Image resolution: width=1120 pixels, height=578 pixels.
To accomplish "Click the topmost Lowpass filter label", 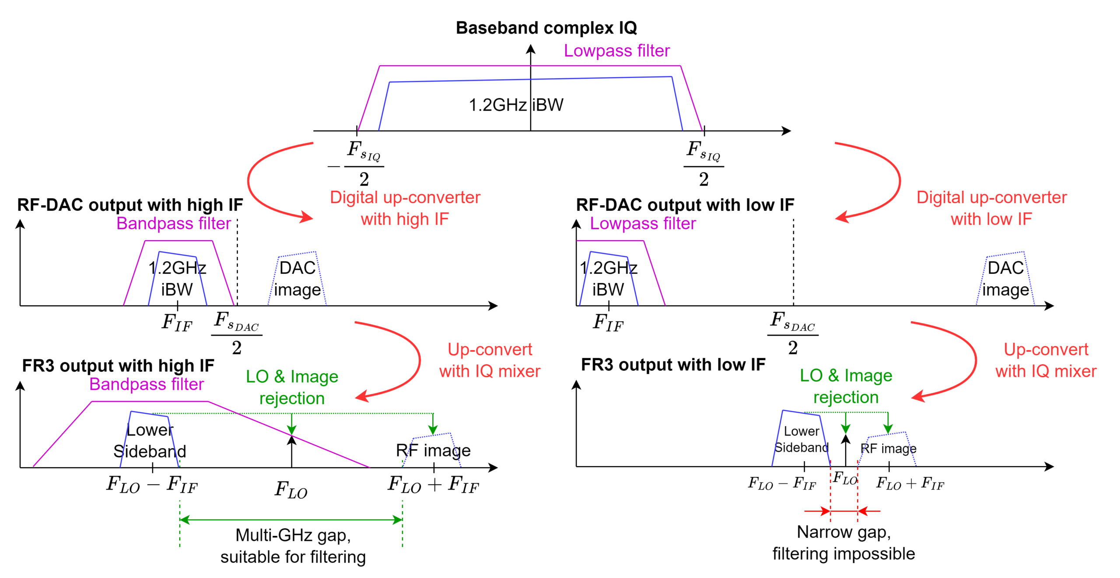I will [616, 51].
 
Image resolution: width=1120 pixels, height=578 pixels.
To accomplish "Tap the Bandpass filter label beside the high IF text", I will [174, 224].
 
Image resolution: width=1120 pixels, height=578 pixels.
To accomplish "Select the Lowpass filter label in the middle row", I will [643, 224].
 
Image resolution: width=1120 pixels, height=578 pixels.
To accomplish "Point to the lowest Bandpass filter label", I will [147, 384].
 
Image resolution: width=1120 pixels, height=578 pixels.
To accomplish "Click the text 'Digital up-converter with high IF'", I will [405, 208].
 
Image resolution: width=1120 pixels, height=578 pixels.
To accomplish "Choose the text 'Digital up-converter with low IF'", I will [992, 208].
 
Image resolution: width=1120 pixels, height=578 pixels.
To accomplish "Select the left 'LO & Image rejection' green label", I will [292, 387].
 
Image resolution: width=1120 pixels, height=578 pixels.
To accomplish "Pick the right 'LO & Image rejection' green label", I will [846, 386].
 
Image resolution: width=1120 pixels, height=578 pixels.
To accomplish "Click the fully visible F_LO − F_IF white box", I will [782, 483].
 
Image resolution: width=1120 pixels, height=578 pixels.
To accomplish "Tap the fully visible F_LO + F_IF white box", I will [910, 483].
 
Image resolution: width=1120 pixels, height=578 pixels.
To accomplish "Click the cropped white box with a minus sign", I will [152, 484].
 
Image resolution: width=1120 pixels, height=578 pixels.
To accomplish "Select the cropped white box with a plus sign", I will [434, 484].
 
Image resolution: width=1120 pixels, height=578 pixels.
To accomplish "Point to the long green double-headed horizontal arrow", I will [291, 520].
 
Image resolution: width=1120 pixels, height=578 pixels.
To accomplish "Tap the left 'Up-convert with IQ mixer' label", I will [490, 360].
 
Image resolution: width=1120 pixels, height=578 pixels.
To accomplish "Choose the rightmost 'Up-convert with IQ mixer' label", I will [1046, 360].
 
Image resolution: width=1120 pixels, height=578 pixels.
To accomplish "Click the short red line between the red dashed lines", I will [843, 511].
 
